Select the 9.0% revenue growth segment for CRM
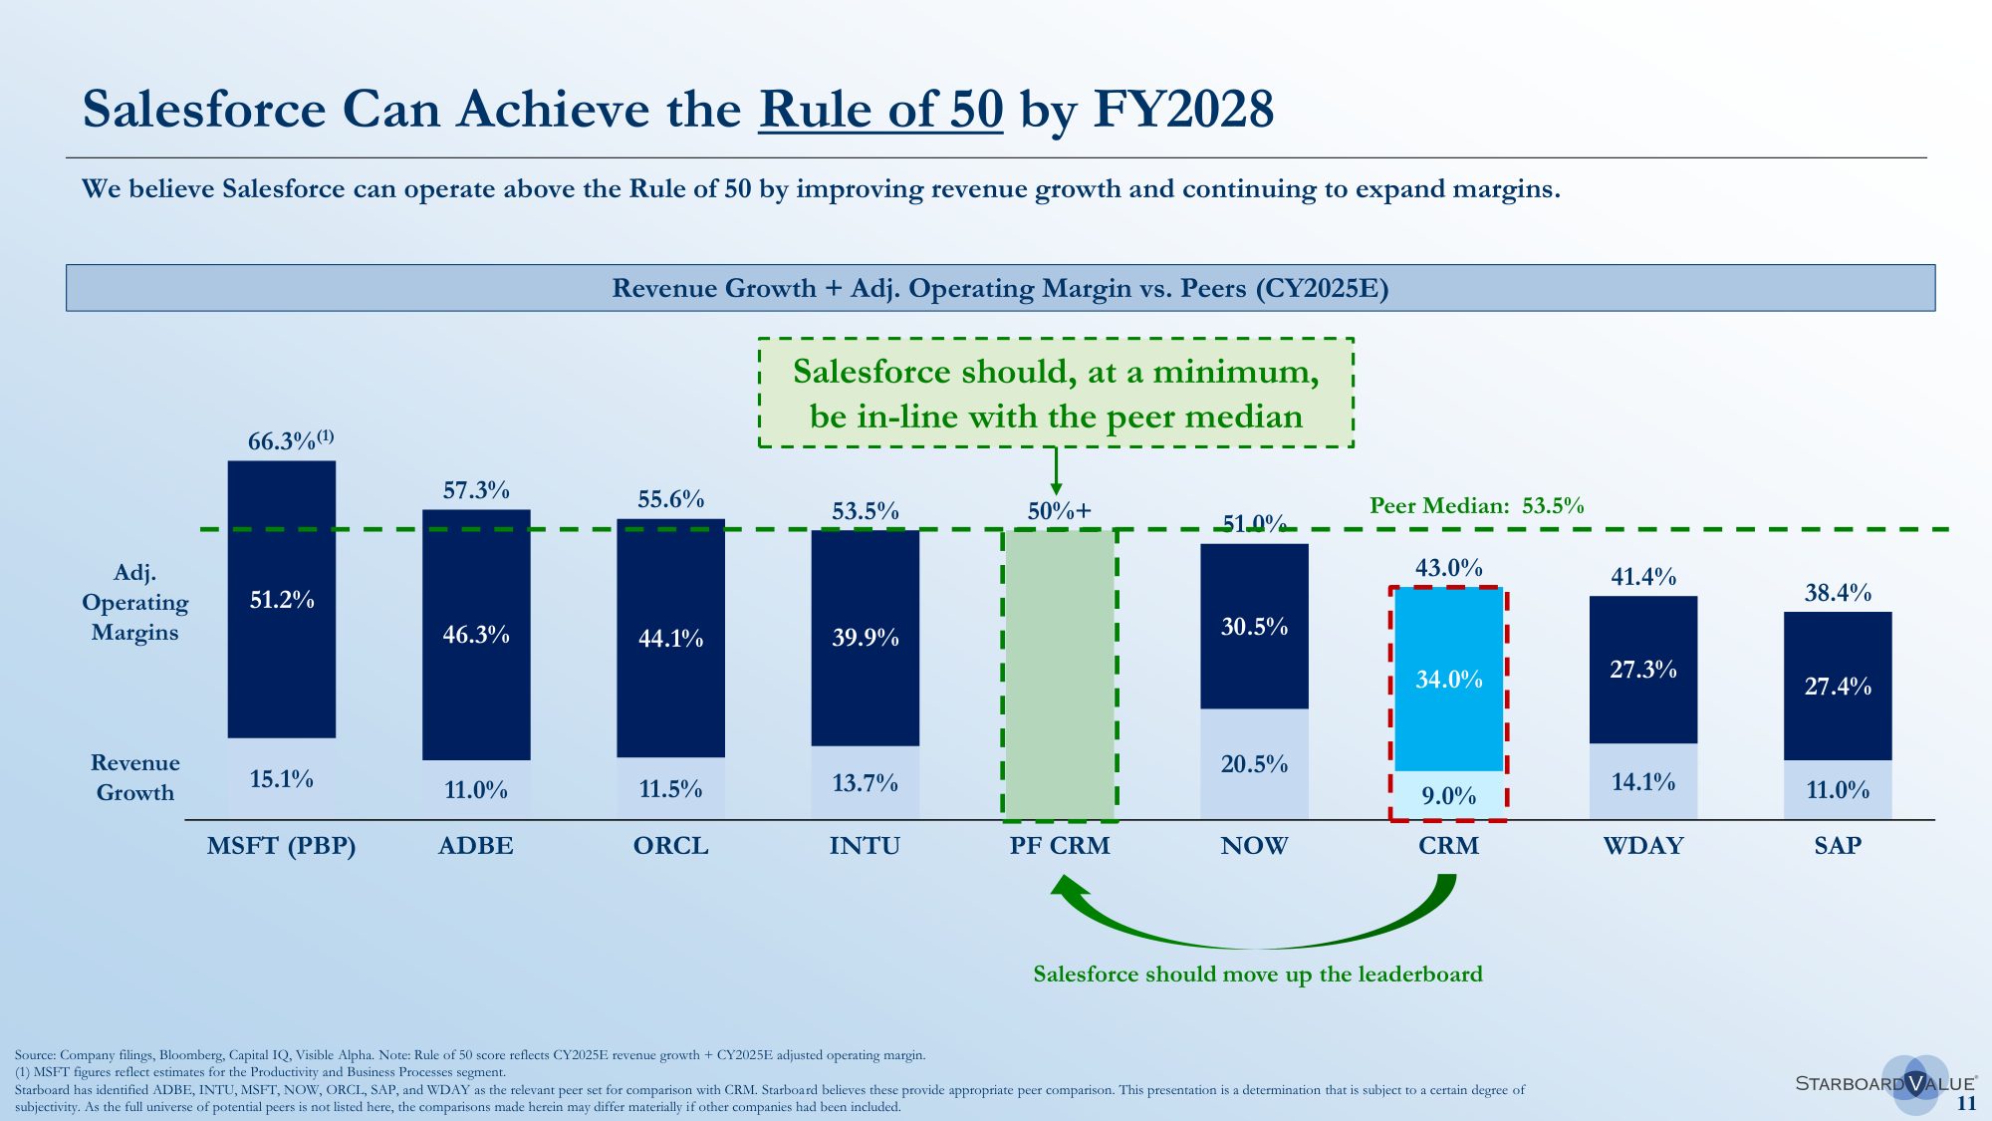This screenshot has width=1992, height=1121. [x=1448, y=795]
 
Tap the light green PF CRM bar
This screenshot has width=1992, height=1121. [x=1059, y=675]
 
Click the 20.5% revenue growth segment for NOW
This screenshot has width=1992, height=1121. [x=1254, y=764]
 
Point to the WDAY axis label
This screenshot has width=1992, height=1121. [x=1643, y=846]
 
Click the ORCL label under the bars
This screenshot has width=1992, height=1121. [x=671, y=846]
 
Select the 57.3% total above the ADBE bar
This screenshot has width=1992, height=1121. [x=476, y=490]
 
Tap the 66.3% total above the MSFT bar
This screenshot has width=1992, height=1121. [x=289, y=440]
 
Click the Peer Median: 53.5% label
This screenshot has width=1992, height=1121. [x=1476, y=505]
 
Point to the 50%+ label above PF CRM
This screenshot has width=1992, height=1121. [x=1059, y=511]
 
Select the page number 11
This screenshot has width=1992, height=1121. [x=1966, y=1103]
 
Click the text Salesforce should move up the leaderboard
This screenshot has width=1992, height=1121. [x=1257, y=974]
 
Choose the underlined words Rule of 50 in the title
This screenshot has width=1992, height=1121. [x=880, y=109]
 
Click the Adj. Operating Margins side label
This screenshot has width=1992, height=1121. [x=135, y=602]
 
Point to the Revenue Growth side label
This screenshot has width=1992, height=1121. [x=135, y=777]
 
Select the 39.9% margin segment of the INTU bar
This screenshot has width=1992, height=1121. [x=866, y=638]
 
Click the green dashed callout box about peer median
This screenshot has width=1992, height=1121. [x=1056, y=393]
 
